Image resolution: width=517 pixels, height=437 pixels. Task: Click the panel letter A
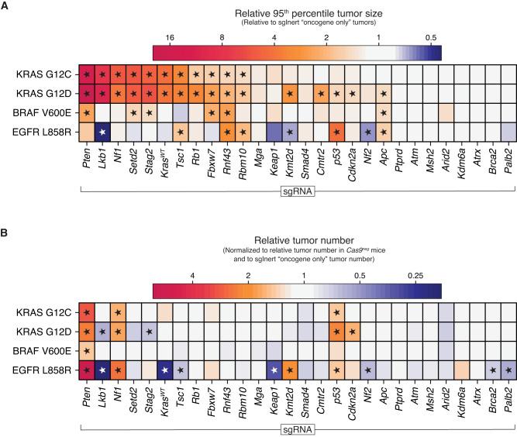coord(5,6)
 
